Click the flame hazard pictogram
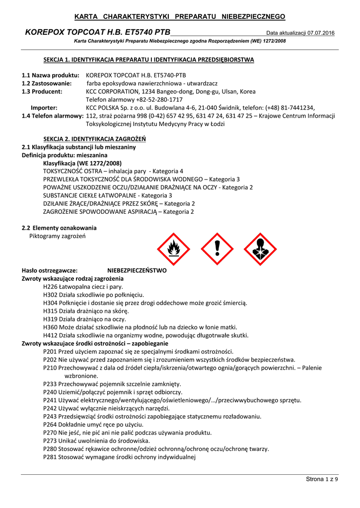coord(173,249)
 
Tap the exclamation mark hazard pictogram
coord(217,249)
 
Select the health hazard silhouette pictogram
coord(260,249)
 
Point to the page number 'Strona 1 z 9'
coord(321,479)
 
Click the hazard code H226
coord(51,287)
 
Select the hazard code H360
coord(51,327)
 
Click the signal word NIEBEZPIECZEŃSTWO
coord(137,271)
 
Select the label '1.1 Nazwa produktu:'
coord(51,75)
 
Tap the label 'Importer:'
coord(44,107)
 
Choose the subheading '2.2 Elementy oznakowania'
coord(59,228)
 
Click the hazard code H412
coord(51,335)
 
